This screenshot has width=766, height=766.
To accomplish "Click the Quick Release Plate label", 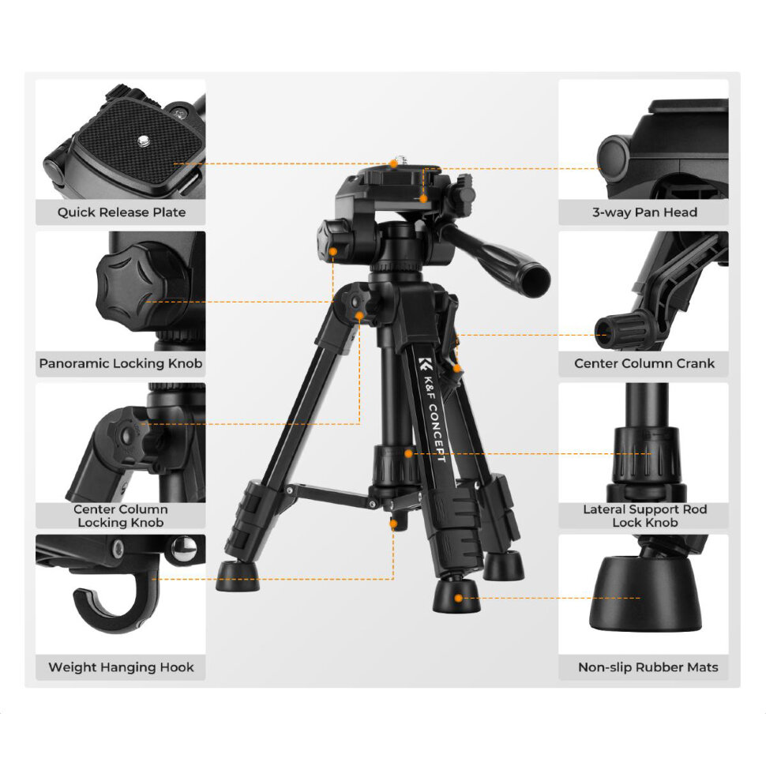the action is pyautogui.click(x=121, y=212).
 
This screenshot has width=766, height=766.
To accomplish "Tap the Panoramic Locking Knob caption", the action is pyautogui.click(x=121, y=363).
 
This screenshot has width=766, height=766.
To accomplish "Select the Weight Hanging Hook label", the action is pyautogui.click(x=121, y=667).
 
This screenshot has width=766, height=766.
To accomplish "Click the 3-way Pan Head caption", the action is pyautogui.click(x=644, y=212).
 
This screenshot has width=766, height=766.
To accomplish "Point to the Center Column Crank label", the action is pyautogui.click(x=644, y=363).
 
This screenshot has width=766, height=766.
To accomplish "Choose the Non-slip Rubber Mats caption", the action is pyautogui.click(x=648, y=667).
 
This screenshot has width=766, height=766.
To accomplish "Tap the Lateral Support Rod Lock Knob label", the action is pyautogui.click(x=645, y=516).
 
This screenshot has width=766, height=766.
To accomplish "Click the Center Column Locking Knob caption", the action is pyautogui.click(x=121, y=516).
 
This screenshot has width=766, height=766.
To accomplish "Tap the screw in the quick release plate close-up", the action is pyautogui.click(x=143, y=141).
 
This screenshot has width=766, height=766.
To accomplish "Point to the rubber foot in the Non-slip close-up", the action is pyautogui.click(x=645, y=594).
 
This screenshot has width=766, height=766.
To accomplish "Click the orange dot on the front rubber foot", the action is pyautogui.click(x=458, y=598).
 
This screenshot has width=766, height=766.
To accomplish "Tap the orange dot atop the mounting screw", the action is pyautogui.click(x=393, y=164).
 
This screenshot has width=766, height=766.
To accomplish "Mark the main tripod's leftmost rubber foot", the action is pyautogui.click(x=238, y=576).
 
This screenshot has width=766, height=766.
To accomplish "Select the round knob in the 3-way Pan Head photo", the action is pyautogui.click(x=613, y=160).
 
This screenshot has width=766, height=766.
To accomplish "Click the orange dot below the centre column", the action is pyautogui.click(x=393, y=524).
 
